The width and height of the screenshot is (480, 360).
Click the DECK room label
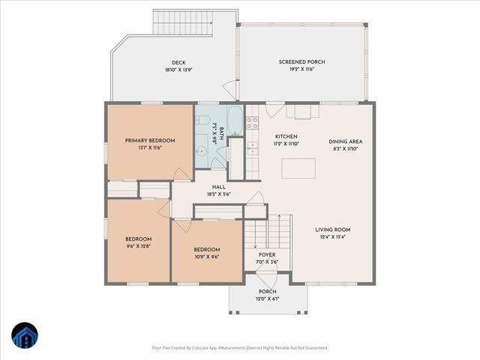click(178, 63)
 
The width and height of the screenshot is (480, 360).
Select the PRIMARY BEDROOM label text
click(150, 140)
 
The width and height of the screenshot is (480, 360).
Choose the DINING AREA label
click(346, 141)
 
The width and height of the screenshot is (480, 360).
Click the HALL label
click(218, 187)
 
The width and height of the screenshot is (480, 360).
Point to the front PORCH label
click(268, 291)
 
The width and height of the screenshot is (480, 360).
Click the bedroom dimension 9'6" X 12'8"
click(138, 246)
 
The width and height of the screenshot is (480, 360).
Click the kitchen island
click(298, 169)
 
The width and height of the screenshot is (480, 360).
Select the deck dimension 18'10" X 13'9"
click(178, 70)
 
